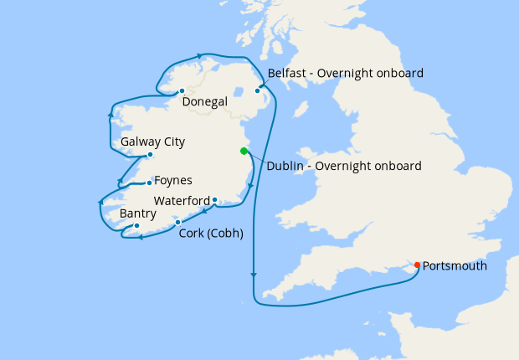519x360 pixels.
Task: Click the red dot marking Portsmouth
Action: [417, 266]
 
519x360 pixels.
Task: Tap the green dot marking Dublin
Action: [244, 152]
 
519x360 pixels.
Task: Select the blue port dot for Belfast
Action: [258, 90]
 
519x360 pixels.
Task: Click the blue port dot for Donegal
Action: [182, 90]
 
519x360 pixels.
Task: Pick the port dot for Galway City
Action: [149, 155]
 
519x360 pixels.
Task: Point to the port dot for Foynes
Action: [149, 183]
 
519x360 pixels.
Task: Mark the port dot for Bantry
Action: [136, 225]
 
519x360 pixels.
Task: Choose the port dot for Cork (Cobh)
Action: [177, 222]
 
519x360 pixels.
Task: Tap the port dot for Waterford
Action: [214, 200]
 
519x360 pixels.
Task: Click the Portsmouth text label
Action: [454, 266]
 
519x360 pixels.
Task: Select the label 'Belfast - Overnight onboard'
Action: [345, 73]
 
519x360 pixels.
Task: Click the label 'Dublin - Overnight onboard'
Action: [343, 166]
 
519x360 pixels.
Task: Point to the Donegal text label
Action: [204, 102]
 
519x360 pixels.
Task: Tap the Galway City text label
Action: [152, 141]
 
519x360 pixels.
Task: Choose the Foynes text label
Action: [173, 180]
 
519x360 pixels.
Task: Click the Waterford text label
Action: [182, 201]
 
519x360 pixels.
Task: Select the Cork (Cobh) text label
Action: [211, 234]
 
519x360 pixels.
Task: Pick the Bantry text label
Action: [137, 213]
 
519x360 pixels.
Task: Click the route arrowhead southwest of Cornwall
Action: [254, 275]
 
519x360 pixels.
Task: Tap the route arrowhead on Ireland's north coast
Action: [201, 57]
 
